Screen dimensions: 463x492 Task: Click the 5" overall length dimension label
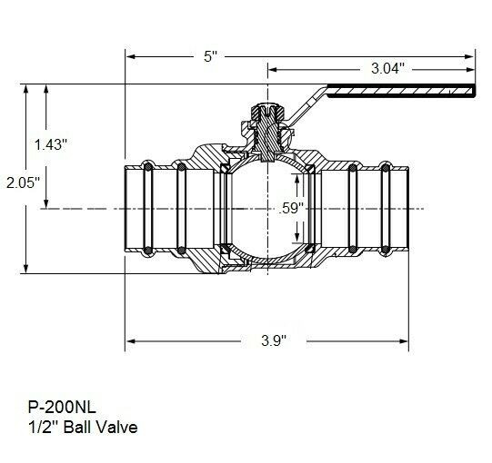(211, 56)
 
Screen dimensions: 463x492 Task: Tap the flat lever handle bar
(400, 91)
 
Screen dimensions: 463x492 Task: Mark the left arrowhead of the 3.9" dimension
(131, 341)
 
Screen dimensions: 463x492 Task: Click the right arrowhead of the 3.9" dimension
(408, 341)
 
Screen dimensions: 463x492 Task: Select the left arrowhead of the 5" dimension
(131, 56)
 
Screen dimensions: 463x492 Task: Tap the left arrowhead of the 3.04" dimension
(273, 68)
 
